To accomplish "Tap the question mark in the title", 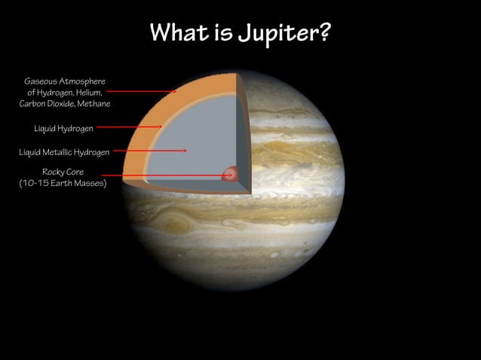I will [x=324, y=32].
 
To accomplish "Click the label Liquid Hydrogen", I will [x=63, y=129].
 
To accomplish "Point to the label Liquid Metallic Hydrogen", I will [x=64, y=152].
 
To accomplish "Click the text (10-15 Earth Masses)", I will [x=63, y=183].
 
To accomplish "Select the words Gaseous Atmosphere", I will [x=65, y=81].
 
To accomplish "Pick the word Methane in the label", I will [x=93, y=103].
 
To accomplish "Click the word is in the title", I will [x=222, y=32].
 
